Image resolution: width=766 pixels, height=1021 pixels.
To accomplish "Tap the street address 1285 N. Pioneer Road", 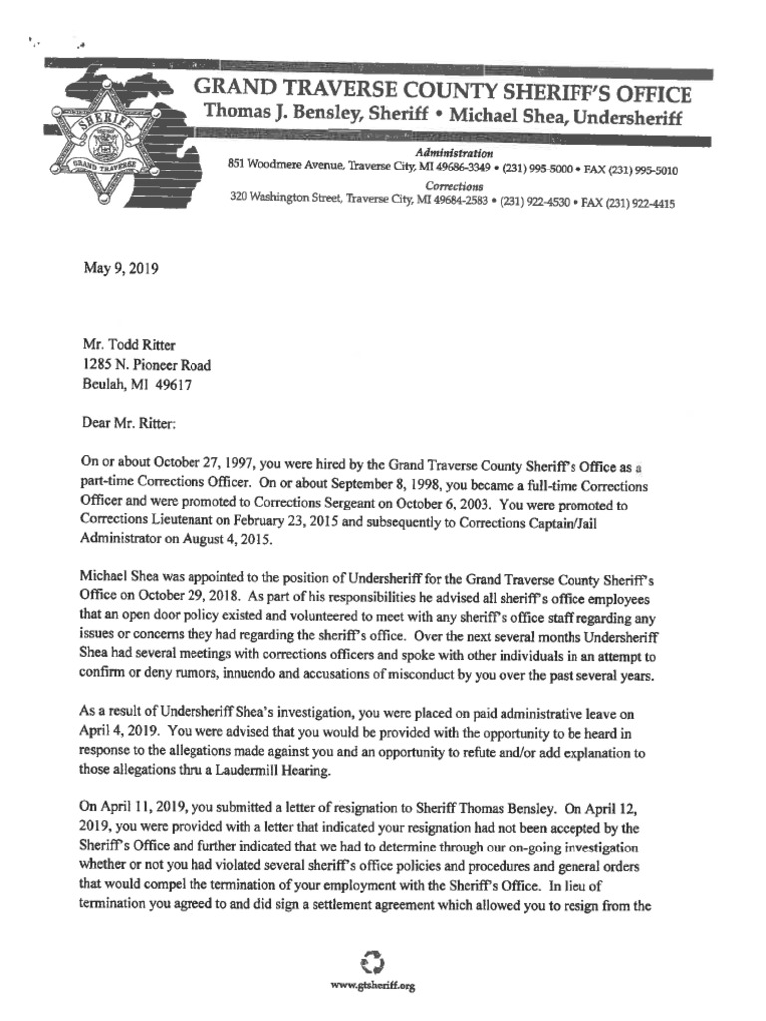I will (x=148, y=365).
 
